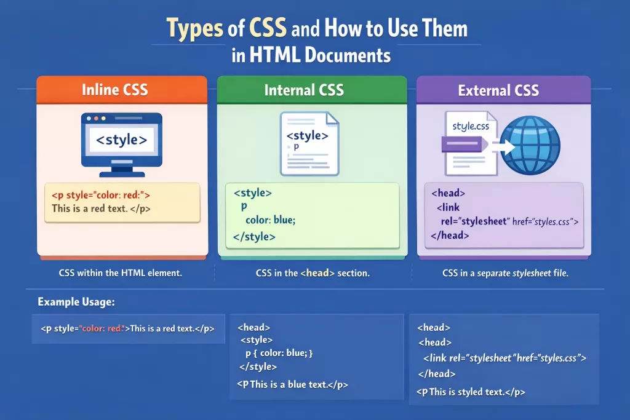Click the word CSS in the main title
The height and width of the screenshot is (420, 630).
(x=268, y=28)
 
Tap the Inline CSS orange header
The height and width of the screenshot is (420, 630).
(x=122, y=90)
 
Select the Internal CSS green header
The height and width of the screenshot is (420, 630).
(x=312, y=90)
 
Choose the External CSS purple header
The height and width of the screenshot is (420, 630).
(x=503, y=90)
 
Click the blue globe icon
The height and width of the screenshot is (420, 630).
(x=530, y=145)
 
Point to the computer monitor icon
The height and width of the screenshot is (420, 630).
(x=122, y=145)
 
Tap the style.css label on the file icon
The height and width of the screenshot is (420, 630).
(x=471, y=127)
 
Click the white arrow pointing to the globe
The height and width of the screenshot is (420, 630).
(x=504, y=147)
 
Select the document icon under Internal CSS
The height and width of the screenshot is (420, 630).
(x=309, y=144)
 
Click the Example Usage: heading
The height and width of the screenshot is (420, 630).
(x=76, y=302)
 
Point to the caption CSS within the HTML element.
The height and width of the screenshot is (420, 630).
(x=121, y=273)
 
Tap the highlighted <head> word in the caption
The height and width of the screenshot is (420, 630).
(x=317, y=273)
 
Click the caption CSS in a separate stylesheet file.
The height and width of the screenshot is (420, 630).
(x=506, y=273)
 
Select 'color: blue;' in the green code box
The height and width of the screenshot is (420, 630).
(x=271, y=220)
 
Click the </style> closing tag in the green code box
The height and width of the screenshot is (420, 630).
(x=254, y=237)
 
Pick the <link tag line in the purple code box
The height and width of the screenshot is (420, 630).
(x=448, y=208)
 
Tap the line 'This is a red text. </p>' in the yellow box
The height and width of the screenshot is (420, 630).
(x=102, y=208)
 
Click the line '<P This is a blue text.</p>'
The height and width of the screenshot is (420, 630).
(x=292, y=385)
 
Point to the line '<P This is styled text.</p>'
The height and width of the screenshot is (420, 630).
(x=471, y=392)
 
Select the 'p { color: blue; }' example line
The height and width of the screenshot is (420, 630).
(x=279, y=353)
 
